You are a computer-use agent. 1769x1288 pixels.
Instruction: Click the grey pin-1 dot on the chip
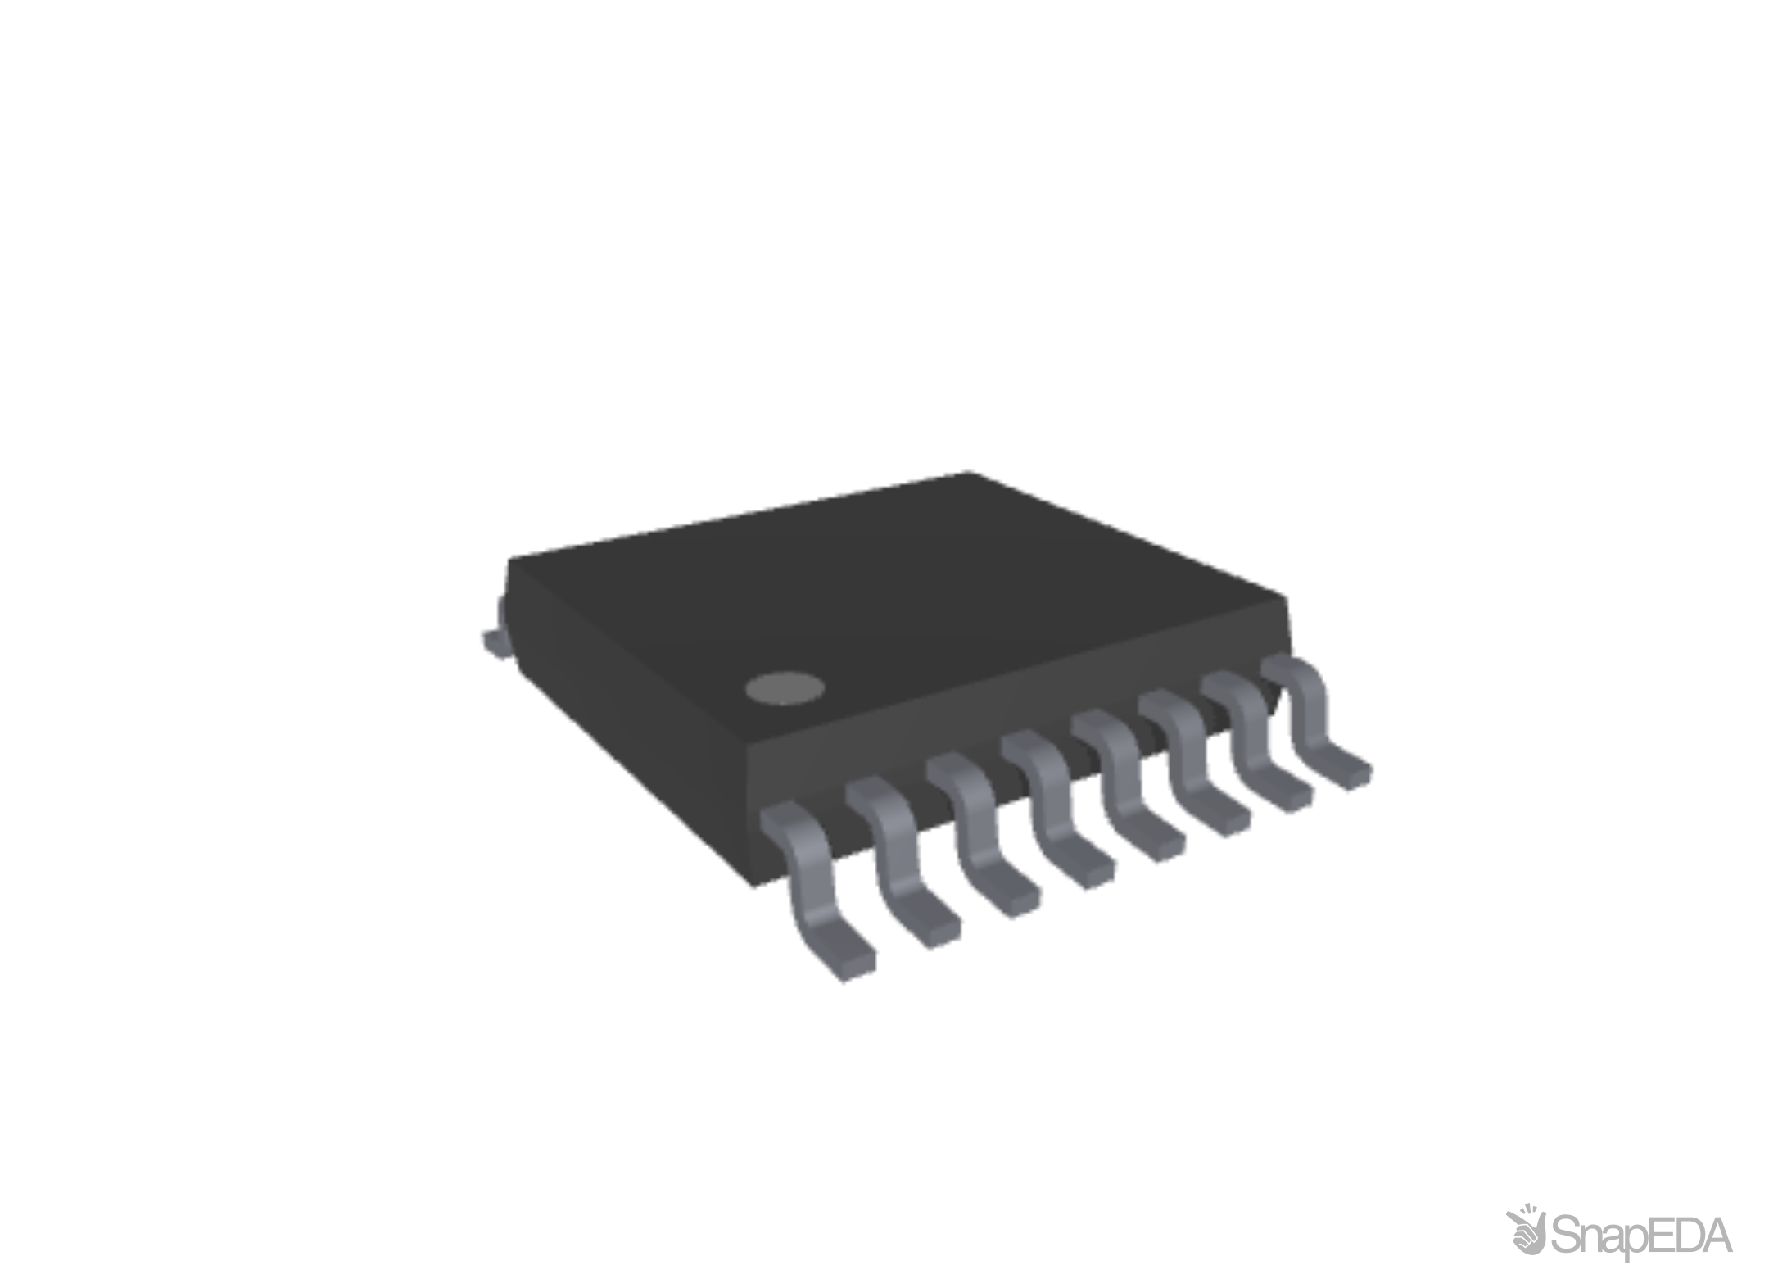click(784, 688)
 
